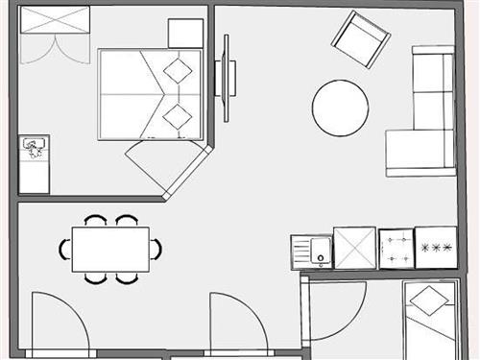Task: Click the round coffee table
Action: [x=340, y=108]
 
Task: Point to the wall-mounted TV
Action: [x=228, y=79]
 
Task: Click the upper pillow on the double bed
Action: [x=177, y=70]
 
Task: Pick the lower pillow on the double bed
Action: [x=177, y=117]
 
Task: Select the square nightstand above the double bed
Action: [x=185, y=34]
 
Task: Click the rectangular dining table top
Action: [x=109, y=250]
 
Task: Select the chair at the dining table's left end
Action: [x=64, y=250]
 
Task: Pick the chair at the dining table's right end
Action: [x=156, y=250]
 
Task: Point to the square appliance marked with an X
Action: [x=354, y=249]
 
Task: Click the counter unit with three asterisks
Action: [x=436, y=248]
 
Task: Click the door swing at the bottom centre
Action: [x=235, y=324]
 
